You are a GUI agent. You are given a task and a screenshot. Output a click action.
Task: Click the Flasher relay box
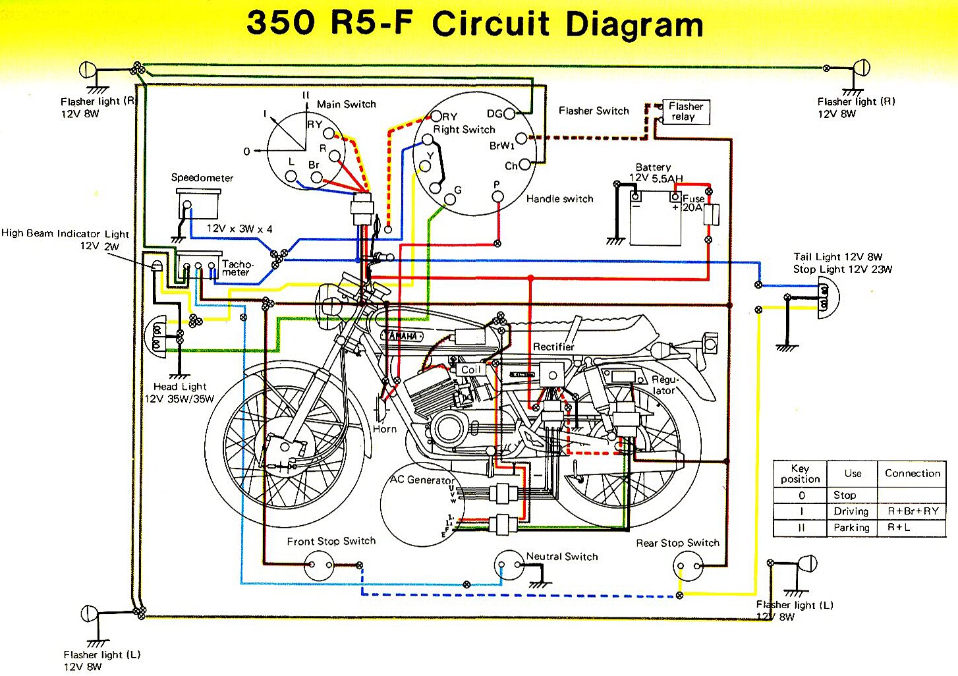click(x=685, y=111)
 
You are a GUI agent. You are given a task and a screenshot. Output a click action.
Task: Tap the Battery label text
click(x=653, y=167)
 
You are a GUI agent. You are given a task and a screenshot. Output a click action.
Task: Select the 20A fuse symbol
click(x=711, y=215)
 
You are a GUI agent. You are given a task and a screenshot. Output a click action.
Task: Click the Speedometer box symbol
click(x=198, y=204)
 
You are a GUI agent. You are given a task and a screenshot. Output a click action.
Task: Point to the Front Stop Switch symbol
click(x=320, y=565)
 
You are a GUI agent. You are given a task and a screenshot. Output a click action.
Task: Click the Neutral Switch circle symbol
click(x=509, y=565)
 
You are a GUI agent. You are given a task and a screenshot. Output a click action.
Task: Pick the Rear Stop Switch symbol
click(x=688, y=565)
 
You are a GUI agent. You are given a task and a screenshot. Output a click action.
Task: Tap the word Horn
click(x=385, y=429)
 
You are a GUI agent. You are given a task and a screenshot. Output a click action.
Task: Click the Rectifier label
click(x=553, y=347)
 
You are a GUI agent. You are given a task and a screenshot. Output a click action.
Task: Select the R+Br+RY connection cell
click(x=913, y=511)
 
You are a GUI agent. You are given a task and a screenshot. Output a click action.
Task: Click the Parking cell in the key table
click(x=851, y=528)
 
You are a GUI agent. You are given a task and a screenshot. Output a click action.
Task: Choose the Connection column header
click(x=913, y=473)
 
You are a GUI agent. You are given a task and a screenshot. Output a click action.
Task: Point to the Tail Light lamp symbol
click(x=828, y=298)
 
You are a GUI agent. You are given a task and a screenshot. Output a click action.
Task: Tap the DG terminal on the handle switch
click(x=509, y=114)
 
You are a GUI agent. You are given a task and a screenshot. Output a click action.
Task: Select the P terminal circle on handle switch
click(x=498, y=196)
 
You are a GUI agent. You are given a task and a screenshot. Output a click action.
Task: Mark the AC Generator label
click(x=422, y=480)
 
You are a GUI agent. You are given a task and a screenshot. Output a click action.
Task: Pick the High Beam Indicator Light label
click(x=65, y=233)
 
